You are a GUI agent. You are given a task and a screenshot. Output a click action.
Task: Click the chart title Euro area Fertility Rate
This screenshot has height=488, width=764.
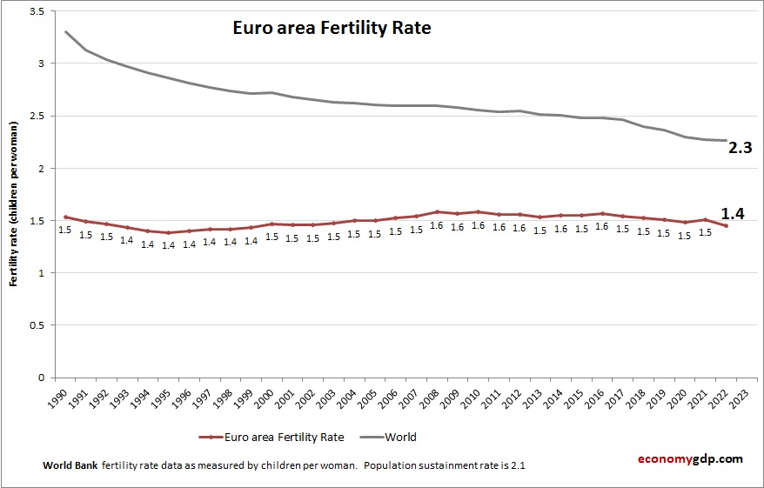click(x=332, y=29)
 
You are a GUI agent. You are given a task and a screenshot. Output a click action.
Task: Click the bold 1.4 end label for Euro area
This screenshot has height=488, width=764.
click(x=734, y=214)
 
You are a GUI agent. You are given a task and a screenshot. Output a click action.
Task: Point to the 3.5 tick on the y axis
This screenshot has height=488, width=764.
click(x=38, y=11)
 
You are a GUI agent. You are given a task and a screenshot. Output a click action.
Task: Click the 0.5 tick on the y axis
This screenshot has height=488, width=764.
click(x=38, y=325)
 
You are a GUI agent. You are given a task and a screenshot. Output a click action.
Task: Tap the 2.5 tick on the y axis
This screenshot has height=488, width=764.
click(x=38, y=116)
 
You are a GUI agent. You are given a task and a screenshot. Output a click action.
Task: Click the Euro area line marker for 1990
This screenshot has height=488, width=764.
click(x=65, y=217)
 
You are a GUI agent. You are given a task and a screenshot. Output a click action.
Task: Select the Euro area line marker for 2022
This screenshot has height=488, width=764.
click(x=726, y=226)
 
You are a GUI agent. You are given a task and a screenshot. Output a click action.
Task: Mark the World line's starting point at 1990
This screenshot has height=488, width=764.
click(x=65, y=32)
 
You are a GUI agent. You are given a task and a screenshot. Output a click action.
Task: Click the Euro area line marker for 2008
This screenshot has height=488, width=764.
click(x=438, y=211)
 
